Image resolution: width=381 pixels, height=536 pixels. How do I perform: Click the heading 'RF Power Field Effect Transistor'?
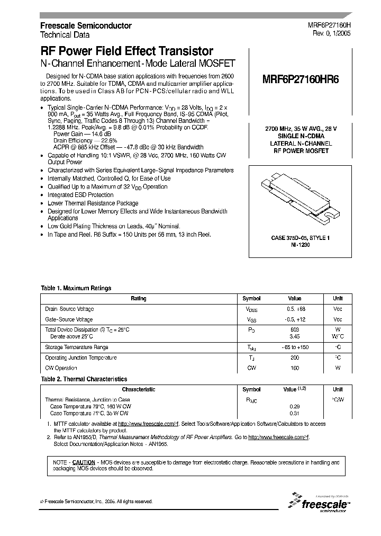[127, 51]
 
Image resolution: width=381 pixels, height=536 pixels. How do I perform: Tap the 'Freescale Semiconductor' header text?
[86, 25]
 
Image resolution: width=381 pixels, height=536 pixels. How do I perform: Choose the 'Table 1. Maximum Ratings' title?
[76, 288]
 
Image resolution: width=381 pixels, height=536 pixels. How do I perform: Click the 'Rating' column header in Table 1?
[139, 299]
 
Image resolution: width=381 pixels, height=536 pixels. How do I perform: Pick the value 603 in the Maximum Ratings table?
[294, 329]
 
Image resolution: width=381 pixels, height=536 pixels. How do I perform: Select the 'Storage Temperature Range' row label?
[78, 347]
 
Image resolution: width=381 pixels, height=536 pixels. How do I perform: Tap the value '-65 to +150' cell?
[294, 347]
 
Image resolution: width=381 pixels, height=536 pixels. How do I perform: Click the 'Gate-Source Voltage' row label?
[70, 319]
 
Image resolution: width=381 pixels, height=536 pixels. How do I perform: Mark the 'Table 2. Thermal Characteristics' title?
[84, 379]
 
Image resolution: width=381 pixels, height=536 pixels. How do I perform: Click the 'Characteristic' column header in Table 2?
[139, 389]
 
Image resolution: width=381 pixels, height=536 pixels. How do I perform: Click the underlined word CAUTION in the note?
[84, 462]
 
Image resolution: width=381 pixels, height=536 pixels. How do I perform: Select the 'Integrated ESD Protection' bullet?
[80, 195]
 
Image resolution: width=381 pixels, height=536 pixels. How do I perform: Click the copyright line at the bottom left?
[96, 501]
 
